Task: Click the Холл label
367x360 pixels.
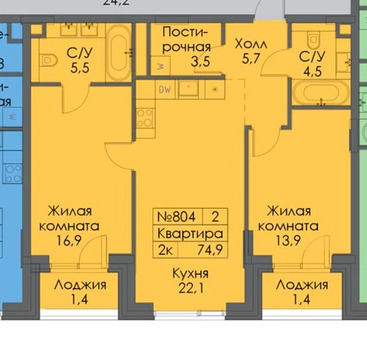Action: (x=250, y=45)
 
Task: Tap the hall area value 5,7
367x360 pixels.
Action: (x=250, y=62)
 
